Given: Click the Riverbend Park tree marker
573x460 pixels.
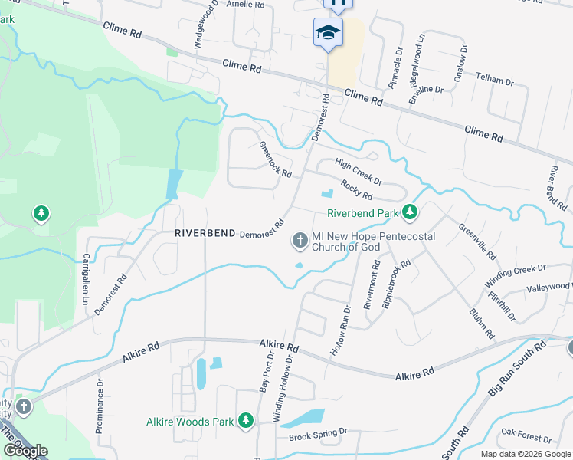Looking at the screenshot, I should coord(411,212).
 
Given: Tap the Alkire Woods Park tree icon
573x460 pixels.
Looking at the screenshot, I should coord(245,420).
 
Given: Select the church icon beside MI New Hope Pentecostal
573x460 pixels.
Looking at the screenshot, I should coord(300,242).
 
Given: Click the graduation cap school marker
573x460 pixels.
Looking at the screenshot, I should coord(328,32).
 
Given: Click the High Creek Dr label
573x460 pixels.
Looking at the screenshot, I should coord(359,171).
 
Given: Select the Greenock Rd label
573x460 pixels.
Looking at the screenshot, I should coord(275,159).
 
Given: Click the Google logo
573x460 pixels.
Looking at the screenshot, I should coord(25,451).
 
